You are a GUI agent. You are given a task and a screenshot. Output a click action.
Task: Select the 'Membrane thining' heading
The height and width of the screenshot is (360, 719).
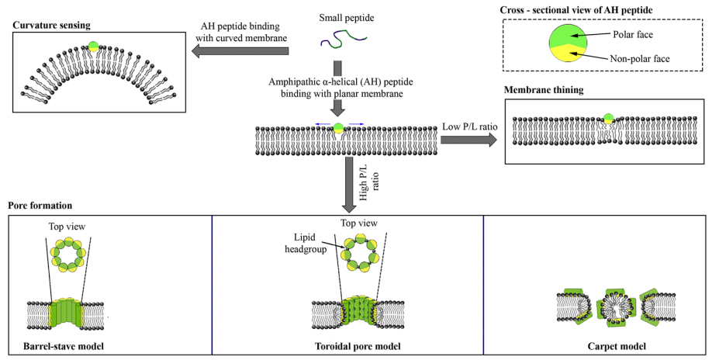click(x=544, y=90)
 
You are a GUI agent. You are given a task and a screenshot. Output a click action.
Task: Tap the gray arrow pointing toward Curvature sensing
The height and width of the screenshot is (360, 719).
click(x=240, y=51)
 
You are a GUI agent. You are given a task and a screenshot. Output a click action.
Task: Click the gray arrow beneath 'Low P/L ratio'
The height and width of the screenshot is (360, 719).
click(x=469, y=140)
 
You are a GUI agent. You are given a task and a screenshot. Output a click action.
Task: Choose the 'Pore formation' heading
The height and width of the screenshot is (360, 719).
click(x=40, y=206)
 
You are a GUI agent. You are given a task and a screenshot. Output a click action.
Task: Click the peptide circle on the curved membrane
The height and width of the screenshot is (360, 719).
click(x=93, y=47)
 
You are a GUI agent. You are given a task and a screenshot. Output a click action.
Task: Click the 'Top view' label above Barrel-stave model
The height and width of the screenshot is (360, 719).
click(x=71, y=226)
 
